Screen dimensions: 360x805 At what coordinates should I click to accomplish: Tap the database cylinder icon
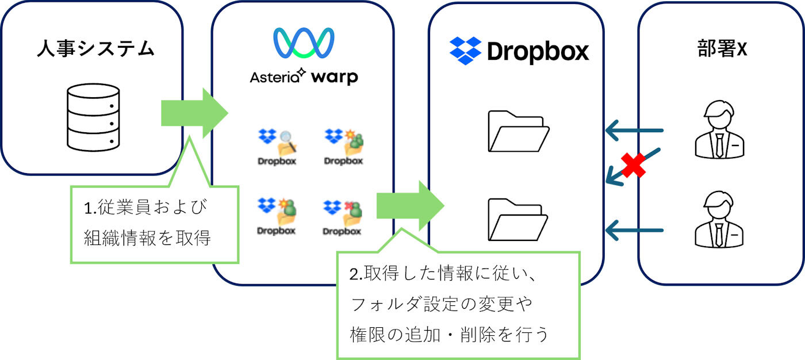point(93,116)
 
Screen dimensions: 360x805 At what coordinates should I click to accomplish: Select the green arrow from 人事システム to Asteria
point(193,112)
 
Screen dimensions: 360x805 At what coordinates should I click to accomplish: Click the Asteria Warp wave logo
point(304,44)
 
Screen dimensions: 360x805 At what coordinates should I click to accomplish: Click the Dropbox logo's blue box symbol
point(465,51)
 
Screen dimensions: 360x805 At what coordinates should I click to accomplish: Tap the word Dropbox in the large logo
point(538,52)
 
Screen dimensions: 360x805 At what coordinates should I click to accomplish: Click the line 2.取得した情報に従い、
point(443,274)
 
